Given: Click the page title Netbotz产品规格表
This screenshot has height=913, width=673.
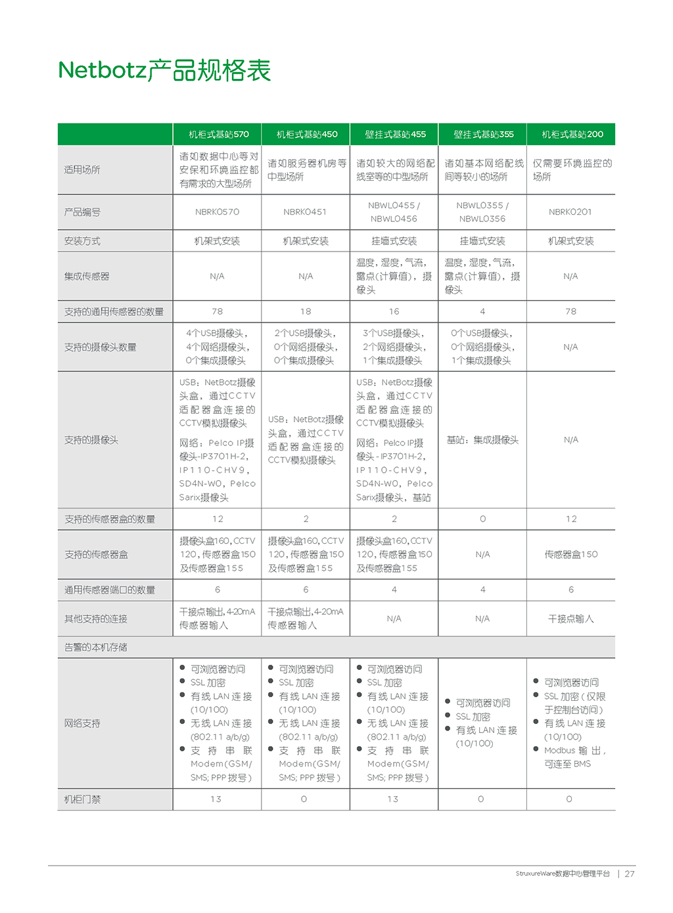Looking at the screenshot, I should pos(164,70).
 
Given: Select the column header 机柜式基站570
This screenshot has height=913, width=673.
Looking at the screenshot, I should pos(218,135).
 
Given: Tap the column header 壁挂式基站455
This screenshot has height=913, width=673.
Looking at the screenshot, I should pos(395,135).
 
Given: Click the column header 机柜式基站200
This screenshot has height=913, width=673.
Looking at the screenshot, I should pos(572,135).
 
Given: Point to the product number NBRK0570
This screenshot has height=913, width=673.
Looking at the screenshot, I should pos(217,212).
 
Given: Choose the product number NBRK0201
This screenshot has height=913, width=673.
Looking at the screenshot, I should pos(570,212).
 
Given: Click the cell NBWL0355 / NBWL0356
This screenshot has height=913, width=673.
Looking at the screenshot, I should pos(482,212).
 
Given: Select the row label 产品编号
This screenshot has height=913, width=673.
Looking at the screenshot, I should pos(82,212).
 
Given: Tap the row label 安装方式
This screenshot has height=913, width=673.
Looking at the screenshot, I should pos(82,241).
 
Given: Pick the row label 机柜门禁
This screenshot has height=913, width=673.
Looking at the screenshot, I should pos(82,799).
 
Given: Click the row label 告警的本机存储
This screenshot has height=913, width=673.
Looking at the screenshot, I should pos(96,647).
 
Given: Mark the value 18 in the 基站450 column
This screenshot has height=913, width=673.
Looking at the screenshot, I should pos(306,311).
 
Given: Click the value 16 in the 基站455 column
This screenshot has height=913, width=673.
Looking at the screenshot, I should pos(394,311).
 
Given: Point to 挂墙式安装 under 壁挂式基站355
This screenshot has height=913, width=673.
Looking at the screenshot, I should pos(482,241).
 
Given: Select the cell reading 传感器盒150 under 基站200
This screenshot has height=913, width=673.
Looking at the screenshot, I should pos(571,554).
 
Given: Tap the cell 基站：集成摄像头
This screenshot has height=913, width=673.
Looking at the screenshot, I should pos(482,440).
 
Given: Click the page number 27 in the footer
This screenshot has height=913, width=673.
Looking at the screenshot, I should pos(630,874).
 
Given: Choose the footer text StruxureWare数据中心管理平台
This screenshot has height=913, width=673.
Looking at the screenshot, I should pos(563,874).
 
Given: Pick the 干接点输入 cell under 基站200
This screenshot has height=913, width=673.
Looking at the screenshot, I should pos(571,619).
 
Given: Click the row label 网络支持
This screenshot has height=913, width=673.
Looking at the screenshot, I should pos(82,723).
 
